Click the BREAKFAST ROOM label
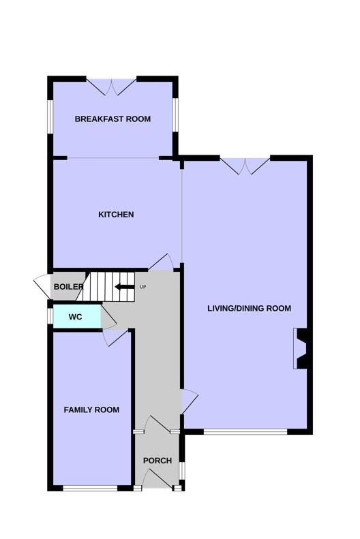[x=112, y=119]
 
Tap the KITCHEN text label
[x=116, y=215]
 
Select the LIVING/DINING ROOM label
[x=250, y=309]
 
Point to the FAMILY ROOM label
[x=91, y=410]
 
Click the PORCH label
[x=157, y=461]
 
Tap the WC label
[x=75, y=317]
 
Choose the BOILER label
[x=68, y=287]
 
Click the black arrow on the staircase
[x=125, y=287]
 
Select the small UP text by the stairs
[x=143, y=287]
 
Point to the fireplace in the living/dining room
[x=301, y=349]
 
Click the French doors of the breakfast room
[x=111, y=87]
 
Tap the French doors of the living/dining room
[x=245, y=166]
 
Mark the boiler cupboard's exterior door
[x=43, y=286]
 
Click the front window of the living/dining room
[x=245, y=432]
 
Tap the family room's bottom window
[x=91, y=488]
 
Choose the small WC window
[x=50, y=316]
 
